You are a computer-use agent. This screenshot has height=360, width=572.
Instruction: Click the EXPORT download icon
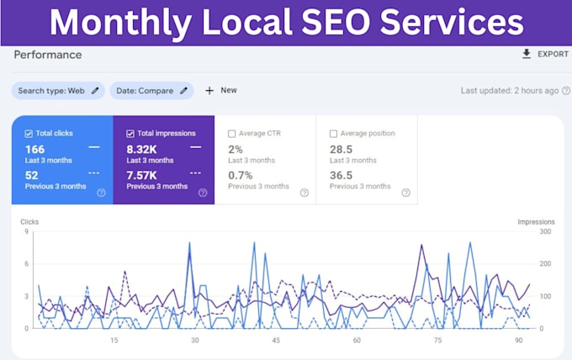(x=527, y=54)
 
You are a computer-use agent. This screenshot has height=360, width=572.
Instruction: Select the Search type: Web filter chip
(x=58, y=91)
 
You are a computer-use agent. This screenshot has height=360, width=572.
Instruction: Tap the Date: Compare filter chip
(x=151, y=91)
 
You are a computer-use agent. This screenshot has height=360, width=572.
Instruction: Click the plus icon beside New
(x=209, y=91)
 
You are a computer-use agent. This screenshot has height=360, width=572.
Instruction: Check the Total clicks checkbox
(x=29, y=134)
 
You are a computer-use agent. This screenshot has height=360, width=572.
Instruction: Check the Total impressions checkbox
(x=130, y=134)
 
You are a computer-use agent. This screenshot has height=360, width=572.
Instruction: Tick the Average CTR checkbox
(x=231, y=134)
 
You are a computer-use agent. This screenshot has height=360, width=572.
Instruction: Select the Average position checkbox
(x=333, y=134)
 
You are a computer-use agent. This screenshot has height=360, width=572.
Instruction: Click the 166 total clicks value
(x=34, y=150)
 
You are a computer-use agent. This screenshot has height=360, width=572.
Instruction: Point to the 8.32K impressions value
(x=141, y=150)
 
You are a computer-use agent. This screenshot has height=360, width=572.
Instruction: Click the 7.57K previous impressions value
(x=141, y=176)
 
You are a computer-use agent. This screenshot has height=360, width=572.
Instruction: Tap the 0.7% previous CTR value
(x=241, y=176)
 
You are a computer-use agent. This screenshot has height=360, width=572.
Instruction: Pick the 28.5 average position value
(x=341, y=150)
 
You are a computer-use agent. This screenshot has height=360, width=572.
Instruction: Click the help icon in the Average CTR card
(x=305, y=193)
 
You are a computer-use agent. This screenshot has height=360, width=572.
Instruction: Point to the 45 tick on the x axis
(x=276, y=341)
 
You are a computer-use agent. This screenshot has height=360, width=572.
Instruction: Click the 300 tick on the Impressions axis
(x=545, y=231)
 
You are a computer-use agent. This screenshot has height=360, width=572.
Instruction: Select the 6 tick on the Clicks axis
(x=26, y=264)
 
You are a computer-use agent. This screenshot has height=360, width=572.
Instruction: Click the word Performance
(x=48, y=55)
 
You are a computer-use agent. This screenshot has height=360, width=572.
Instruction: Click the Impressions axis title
(x=537, y=222)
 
